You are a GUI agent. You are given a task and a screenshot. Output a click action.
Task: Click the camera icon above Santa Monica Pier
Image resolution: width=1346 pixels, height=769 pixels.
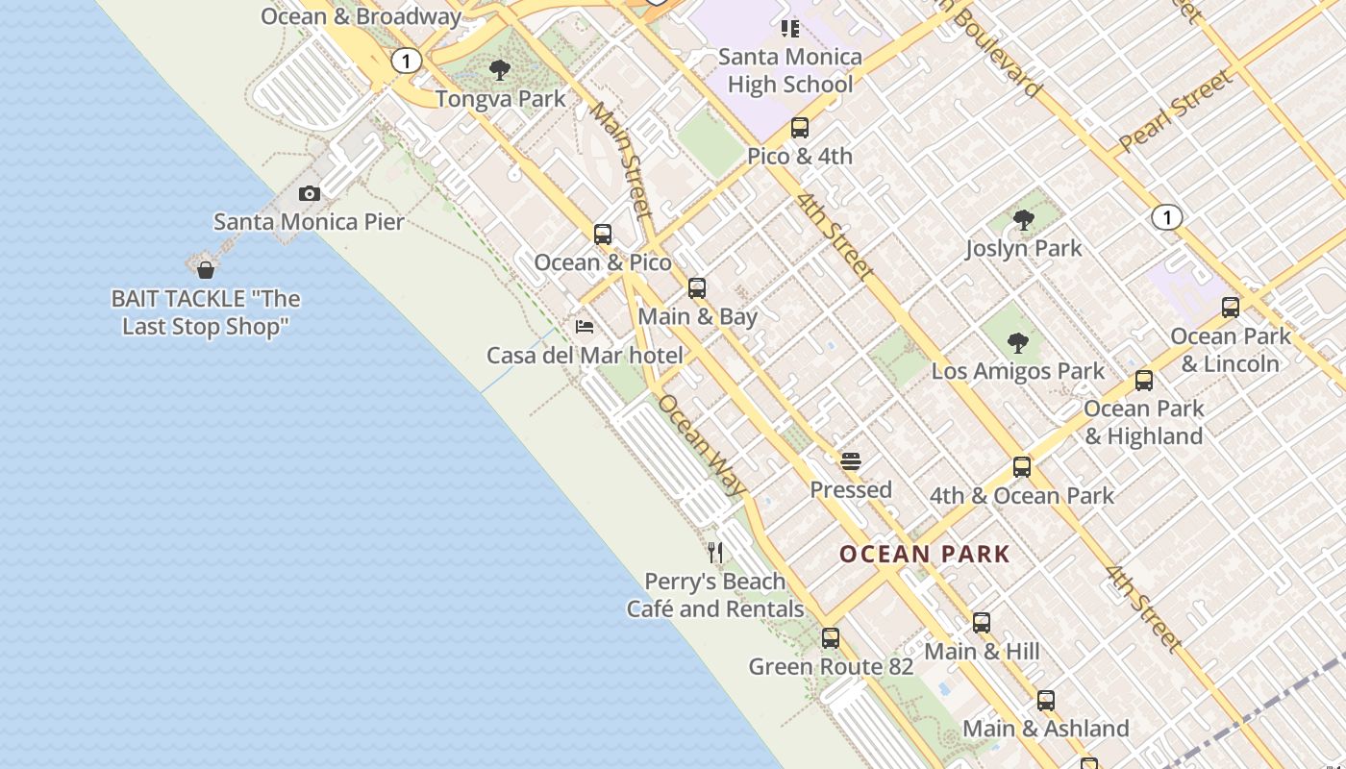click(x=309, y=194)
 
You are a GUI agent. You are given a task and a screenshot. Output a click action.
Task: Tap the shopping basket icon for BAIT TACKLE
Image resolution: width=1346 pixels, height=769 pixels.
click(x=205, y=269)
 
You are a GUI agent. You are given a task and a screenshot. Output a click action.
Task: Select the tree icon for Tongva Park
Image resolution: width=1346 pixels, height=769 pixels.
click(x=499, y=70)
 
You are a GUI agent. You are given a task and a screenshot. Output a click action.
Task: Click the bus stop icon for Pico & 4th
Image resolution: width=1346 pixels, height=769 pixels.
click(x=799, y=128)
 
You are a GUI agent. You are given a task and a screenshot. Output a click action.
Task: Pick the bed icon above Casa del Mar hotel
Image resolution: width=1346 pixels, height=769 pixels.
click(x=584, y=327)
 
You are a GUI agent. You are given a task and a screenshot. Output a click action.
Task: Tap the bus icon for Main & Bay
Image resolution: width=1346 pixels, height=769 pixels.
click(x=697, y=288)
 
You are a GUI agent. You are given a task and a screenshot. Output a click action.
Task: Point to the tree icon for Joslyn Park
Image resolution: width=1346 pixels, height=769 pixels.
click(x=1023, y=220)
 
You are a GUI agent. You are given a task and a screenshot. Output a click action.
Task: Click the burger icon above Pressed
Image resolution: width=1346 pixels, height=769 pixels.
click(x=850, y=461)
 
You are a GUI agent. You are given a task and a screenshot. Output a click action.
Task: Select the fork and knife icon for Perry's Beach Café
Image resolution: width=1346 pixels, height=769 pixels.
click(x=714, y=552)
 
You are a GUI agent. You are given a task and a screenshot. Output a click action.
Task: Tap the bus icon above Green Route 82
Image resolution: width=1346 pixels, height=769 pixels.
click(x=830, y=638)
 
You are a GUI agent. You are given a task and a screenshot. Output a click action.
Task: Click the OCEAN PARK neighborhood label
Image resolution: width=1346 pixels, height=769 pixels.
click(x=924, y=554)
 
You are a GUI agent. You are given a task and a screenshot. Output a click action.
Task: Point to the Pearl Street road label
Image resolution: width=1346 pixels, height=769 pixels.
click(x=1175, y=112)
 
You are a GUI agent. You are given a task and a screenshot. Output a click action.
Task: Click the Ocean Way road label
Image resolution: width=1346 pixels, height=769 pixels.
click(x=701, y=446)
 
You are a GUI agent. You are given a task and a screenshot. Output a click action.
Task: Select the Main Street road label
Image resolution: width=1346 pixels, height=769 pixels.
click(x=620, y=161)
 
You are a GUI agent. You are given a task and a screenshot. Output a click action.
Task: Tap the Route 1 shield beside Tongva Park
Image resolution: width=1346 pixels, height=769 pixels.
click(x=406, y=62)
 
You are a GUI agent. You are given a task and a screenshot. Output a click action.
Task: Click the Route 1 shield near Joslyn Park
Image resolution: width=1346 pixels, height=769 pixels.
click(x=1166, y=217)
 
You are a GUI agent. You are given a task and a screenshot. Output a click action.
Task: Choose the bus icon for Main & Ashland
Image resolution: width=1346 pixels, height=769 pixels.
click(x=1045, y=701)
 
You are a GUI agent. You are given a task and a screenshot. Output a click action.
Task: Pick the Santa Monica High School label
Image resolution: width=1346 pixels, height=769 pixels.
click(x=790, y=70)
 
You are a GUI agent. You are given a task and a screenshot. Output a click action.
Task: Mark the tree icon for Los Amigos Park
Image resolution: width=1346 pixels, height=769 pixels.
click(x=1017, y=343)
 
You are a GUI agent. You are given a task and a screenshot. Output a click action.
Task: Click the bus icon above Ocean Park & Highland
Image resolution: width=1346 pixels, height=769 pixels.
click(x=1143, y=381)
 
